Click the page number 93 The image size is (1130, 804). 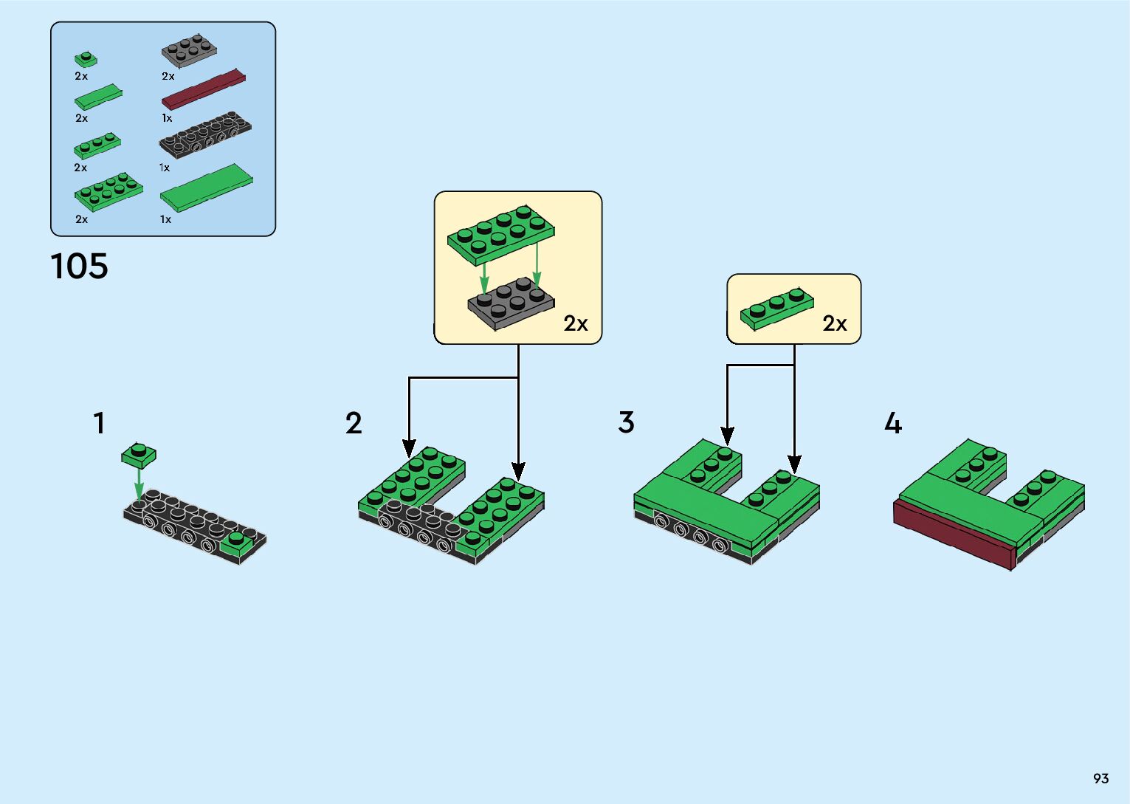[1100, 778]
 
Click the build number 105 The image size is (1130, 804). [79, 266]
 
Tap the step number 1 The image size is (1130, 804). [99, 424]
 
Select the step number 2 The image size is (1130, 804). [354, 424]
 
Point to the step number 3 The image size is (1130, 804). [626, 423]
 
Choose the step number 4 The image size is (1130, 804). [893, 424]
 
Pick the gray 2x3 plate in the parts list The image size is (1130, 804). [189, 50]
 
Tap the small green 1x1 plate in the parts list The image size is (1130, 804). [86, 59]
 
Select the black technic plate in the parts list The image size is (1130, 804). [205, 135]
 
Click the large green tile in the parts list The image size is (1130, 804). [207, 188]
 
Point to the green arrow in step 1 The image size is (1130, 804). [138, 484]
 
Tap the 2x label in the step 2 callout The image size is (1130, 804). [576, 323]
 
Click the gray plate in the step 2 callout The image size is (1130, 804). [510, 301]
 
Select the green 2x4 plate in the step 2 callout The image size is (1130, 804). [500, 233]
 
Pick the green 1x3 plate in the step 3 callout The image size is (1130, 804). [776, 308]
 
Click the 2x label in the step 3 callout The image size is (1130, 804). [835, 323]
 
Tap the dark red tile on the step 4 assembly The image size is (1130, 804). [952, 533]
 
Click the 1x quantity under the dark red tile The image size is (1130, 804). [168, 118]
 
